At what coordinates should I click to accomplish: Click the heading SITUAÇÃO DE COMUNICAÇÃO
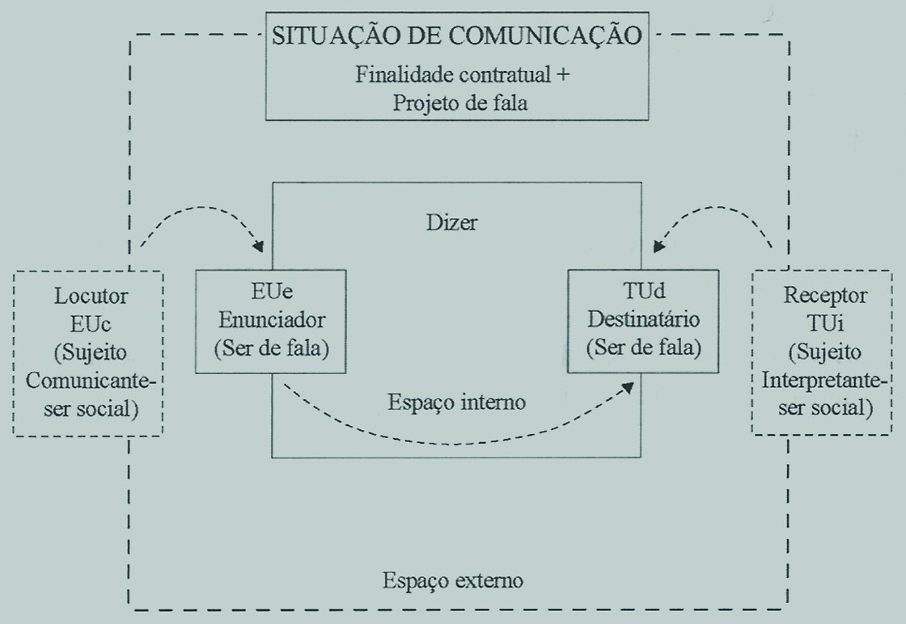pos(458,36)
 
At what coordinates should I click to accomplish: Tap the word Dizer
pos(451,222)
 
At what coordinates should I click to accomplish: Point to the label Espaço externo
pos(453,580)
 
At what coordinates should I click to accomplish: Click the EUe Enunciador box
pos(271,322)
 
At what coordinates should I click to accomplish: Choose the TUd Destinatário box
pos(643,322)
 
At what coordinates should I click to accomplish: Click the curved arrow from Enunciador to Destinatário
pos(453,441)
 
